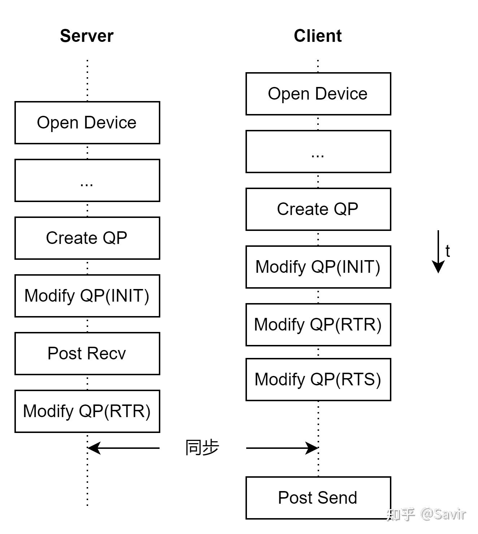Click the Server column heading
pos(87,36)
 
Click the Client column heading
pos(318,36)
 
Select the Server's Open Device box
pos(87,123)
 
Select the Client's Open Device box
pos(318,94)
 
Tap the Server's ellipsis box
pos(87,180)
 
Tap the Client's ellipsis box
pos(318,152)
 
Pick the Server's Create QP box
pos(87,238)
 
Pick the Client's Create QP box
pos(318,209)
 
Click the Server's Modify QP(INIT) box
pos(87,296)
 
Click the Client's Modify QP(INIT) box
pos(318,267)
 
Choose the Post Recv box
pos(87,354)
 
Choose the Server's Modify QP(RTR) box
pos(87,411)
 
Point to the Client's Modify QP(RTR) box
pos(318,325)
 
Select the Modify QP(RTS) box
pos(318,380)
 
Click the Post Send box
pos(318,498)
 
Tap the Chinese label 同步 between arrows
pos(202,448)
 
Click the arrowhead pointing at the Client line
pos(312,448)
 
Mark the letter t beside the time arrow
pos(448,251)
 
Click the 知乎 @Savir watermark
pos(426,514)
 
